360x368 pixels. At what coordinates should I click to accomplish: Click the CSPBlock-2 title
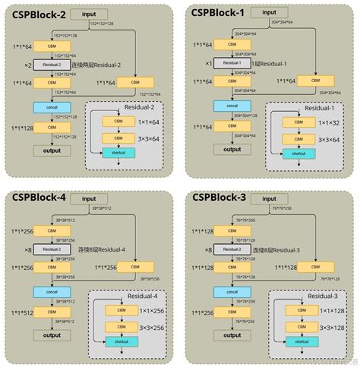click(x=36, y=14)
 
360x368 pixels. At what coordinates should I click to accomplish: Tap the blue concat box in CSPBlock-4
click(x=51, y=291)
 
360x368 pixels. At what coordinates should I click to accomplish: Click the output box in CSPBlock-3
click(x=229, y=335)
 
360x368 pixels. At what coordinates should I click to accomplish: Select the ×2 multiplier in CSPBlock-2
click(x=27, y=66)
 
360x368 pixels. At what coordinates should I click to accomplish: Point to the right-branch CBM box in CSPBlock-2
click(x=135, y=82)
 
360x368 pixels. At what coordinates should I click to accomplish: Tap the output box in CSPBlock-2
click(x=51, y=151)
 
